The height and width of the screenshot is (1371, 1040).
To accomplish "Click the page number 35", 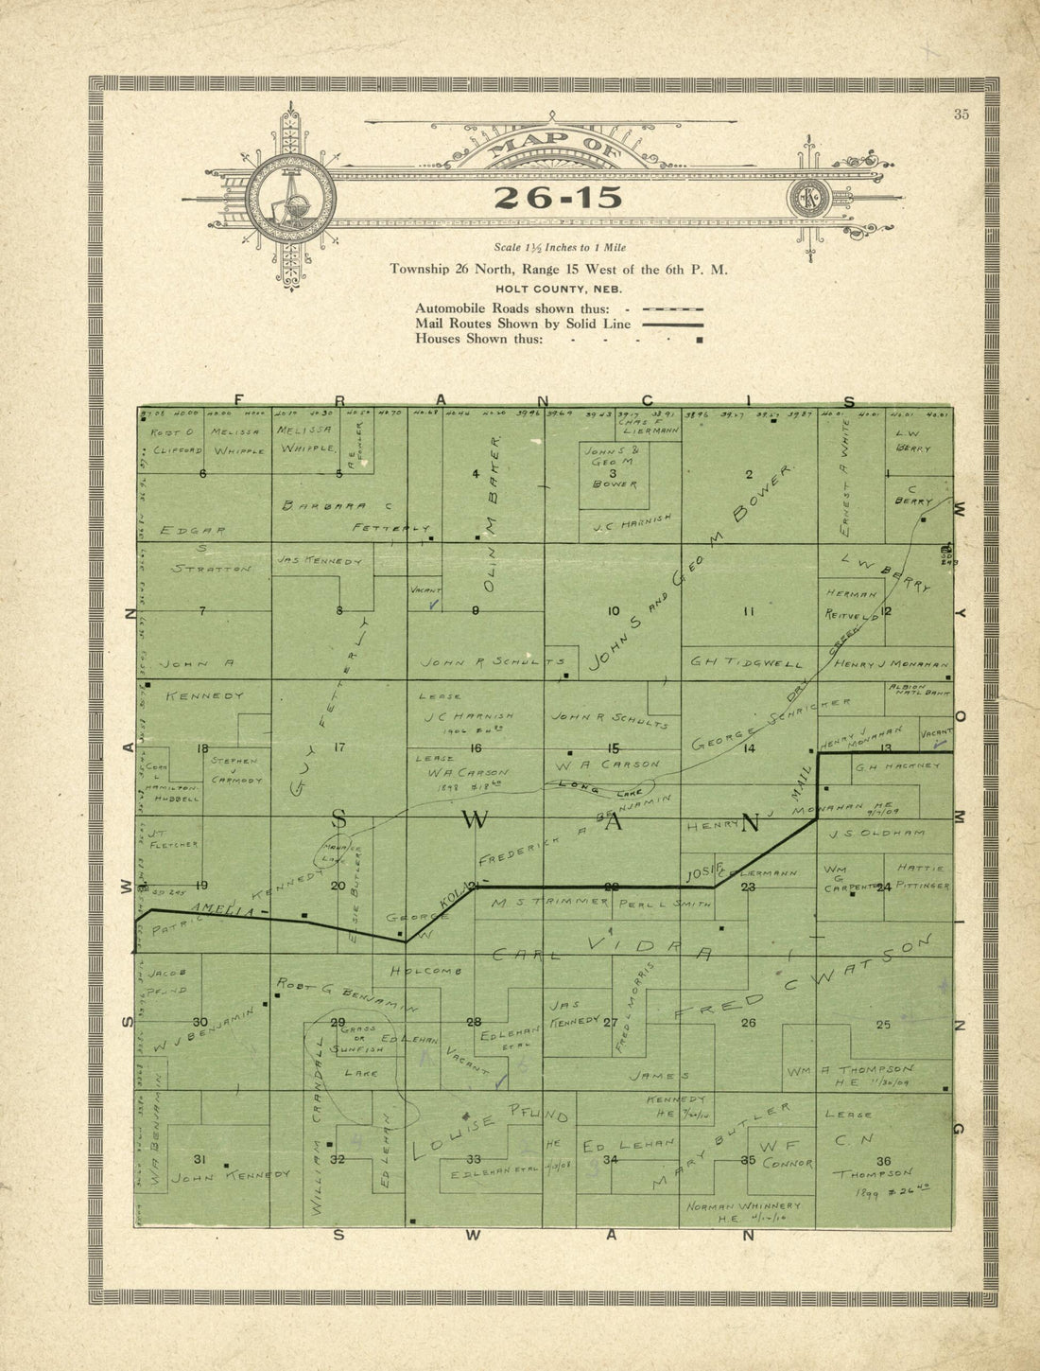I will [962, 114].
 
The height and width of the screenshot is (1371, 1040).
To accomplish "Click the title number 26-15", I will [558, 198].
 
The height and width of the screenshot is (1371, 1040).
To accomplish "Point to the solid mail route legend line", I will [672, 324].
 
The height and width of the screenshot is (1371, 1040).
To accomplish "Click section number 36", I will [884, 1161].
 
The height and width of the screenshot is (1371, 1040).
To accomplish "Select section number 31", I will [199, 1159].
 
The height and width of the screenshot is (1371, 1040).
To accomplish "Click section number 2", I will [749, 474].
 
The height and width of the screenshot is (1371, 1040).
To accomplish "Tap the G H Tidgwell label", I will [747, 661].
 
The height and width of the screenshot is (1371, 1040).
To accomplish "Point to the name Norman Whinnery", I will [743, 1205].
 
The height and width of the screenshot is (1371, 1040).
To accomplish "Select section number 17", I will [339, 747].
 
